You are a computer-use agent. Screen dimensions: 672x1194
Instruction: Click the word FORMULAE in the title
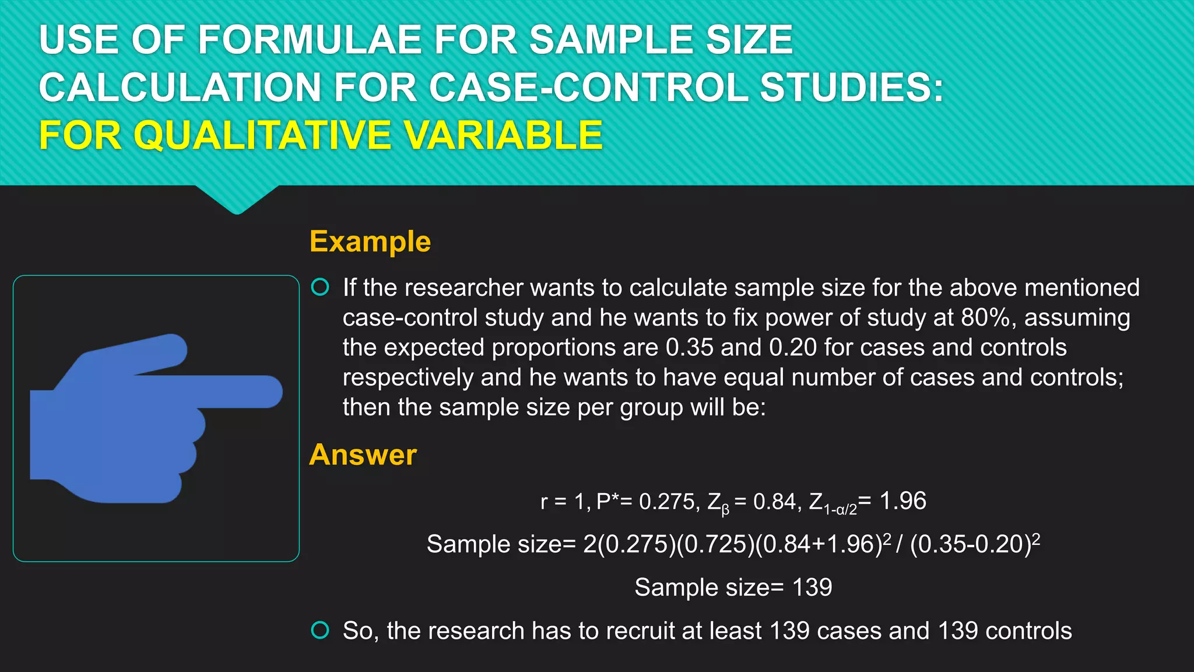(x=310, y=40)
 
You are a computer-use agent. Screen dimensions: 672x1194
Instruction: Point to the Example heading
(x=370, y=242)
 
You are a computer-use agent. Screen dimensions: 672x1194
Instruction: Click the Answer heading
(x=363, y=454)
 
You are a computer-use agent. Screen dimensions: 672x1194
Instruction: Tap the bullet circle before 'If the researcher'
(x=320, y=287)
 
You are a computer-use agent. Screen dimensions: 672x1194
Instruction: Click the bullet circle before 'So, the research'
(x=320, y=630)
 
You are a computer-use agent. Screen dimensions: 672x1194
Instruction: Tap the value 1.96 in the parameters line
(x=902, y=501)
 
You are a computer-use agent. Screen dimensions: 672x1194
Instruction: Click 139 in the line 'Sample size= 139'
(x=812, y=587)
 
